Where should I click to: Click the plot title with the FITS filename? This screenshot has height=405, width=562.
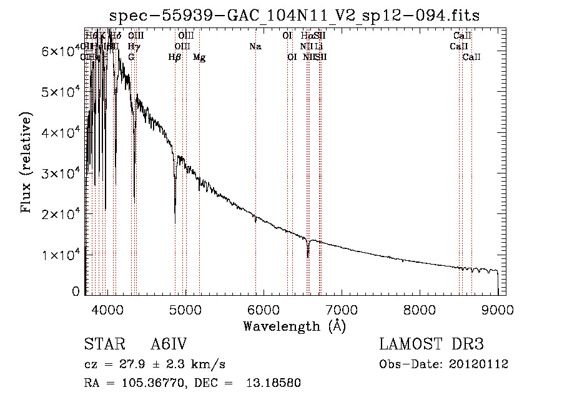point(295,15)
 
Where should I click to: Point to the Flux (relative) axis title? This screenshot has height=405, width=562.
point(26,163)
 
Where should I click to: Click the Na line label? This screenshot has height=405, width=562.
point(255,47)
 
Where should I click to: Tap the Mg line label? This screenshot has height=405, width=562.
point(199,57)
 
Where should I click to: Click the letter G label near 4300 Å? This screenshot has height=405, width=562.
point(131,57)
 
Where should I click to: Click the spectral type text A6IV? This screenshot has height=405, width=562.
point(169,345)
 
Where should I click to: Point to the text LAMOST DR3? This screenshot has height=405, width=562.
point(431,345)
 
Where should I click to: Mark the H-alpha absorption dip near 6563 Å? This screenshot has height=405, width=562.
point(308,251)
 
